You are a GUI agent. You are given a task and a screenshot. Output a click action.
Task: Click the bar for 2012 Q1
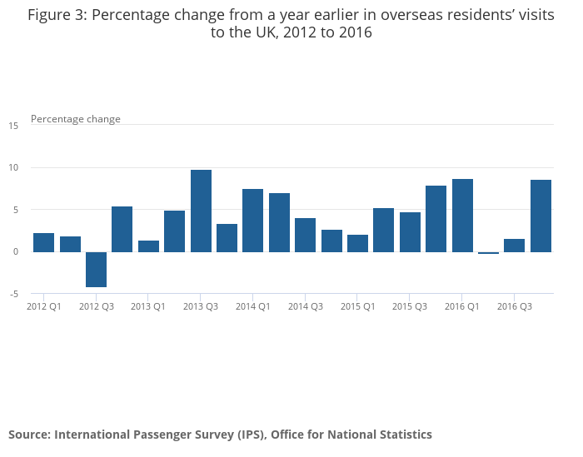44,242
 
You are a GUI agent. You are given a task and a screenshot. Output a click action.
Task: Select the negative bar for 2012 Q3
97,269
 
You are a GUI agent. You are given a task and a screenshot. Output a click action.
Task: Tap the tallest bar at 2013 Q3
201,211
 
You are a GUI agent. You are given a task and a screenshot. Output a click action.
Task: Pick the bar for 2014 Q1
253,220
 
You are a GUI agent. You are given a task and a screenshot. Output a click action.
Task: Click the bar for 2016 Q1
462,215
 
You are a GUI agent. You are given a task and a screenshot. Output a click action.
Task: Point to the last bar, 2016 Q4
541,216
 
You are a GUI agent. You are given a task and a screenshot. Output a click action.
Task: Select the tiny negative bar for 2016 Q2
488,253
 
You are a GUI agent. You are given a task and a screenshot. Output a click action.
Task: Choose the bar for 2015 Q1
357,243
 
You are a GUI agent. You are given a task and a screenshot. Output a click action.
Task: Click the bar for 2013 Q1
148,246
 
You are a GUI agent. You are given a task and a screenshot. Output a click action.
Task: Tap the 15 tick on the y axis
13,126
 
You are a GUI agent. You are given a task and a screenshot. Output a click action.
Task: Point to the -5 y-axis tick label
13,294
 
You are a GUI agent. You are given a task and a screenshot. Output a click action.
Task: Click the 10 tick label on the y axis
13,168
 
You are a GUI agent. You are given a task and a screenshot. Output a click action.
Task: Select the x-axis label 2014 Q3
306,306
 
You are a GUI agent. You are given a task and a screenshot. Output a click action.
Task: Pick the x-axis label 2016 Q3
515,306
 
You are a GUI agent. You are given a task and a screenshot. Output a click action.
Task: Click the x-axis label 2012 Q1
44,306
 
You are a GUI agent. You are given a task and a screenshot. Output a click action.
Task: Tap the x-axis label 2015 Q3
410,306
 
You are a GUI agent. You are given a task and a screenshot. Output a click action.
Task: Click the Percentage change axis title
76,119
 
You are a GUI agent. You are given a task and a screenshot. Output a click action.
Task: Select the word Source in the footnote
29,435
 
